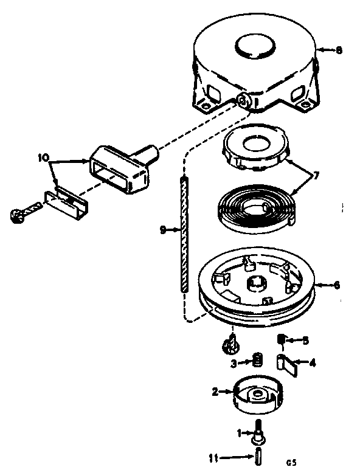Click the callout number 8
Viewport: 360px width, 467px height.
(x=339, y=50)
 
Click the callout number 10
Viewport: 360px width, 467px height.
(x=42, y=157)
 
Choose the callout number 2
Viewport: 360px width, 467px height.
(x=215, y=392)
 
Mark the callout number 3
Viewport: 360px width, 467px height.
(x=234, y=364)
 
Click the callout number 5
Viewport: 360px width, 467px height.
(x=306, y=341)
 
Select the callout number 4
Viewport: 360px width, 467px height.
(x=313, y=363)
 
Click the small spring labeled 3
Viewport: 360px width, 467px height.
(x=257, y=361)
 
